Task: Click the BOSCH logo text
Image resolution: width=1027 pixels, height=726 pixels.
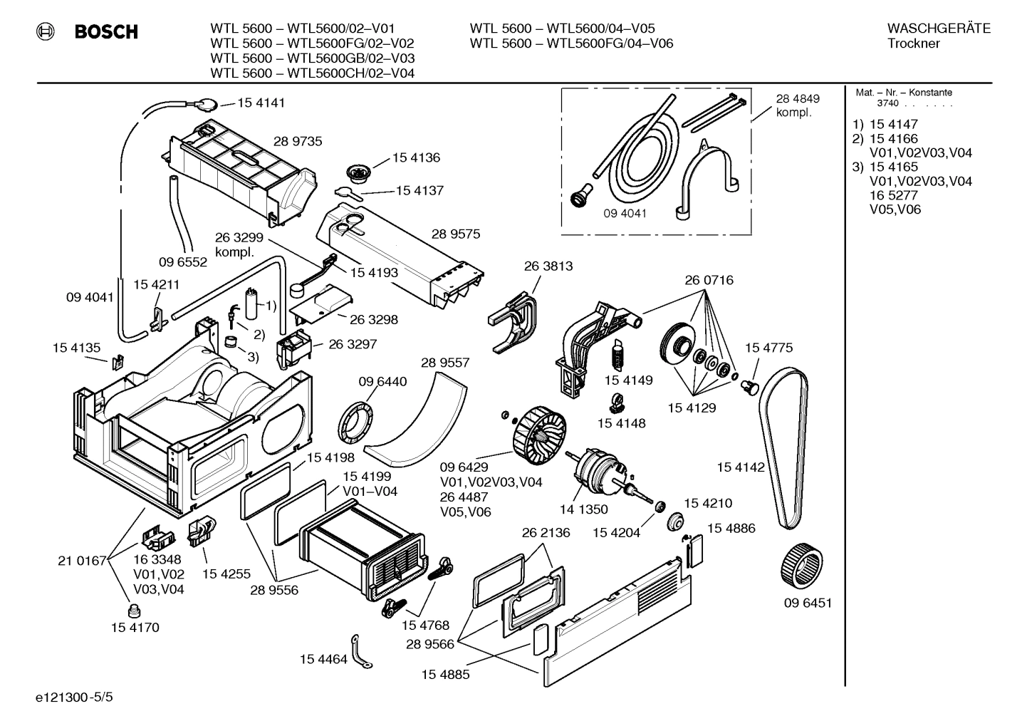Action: (105, 31)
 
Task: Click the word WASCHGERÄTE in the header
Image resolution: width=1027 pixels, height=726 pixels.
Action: (938, 28)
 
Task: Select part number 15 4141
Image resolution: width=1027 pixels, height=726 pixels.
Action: (261, 103)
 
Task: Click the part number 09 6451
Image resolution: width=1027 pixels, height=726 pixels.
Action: (808, 603)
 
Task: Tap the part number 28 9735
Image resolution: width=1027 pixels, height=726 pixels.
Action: (298, 141)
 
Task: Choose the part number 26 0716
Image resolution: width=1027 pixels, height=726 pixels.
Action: (709, 280)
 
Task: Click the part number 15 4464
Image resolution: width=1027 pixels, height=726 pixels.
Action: (323, 659)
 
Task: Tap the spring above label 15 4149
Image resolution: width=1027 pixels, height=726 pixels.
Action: (618, 354)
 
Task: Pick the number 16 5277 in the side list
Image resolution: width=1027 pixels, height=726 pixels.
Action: (893, 195)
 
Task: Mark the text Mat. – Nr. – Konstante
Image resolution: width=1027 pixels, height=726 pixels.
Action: (903, 93)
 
